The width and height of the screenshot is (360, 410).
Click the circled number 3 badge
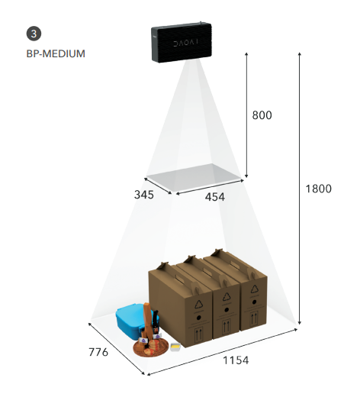34,34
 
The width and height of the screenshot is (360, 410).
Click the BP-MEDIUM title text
56,53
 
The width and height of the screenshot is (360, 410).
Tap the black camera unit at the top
182,42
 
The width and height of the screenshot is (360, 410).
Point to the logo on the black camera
186,42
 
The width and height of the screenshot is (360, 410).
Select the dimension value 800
262,115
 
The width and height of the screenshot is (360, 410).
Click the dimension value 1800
319,189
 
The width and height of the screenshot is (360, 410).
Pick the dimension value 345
144,195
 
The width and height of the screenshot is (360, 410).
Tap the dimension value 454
215,197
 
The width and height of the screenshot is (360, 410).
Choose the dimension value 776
98,352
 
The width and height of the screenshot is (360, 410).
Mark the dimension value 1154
236,360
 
